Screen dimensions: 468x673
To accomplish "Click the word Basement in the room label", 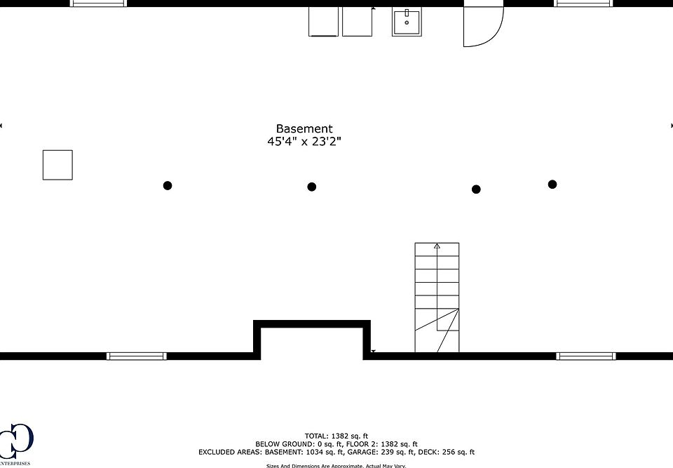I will tap(304, 129).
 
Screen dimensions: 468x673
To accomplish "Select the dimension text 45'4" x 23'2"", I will tap(304, 142).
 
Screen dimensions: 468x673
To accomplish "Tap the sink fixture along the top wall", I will tap(407, 21).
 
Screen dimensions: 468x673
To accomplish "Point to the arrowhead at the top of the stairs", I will tap(437, 246).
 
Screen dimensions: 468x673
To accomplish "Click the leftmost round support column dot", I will tap(168, 185).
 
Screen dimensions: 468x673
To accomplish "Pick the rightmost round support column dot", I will tap(552, 185).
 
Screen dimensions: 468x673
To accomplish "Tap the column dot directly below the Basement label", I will tap(312, 187).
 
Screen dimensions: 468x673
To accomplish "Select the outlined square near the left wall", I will tap(57, 165).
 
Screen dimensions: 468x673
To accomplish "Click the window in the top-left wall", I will tap(99, 4).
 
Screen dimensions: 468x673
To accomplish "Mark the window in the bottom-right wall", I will tap(585, 356).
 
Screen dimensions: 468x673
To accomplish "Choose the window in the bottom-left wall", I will tap(137, 356).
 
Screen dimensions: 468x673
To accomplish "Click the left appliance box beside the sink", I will tap(323, 21).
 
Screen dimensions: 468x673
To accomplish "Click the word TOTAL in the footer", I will tap(315, 436).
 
